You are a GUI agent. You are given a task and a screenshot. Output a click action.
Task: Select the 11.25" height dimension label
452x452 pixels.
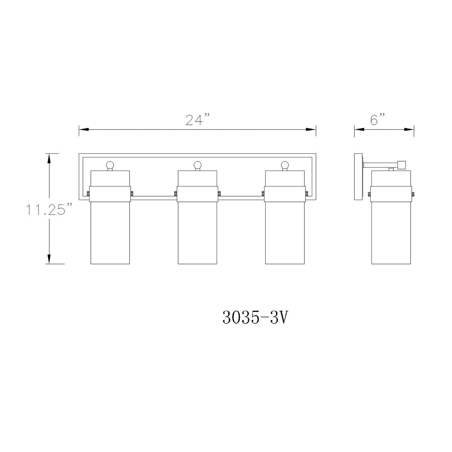49,209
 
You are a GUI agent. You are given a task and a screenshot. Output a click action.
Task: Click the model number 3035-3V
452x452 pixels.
255,318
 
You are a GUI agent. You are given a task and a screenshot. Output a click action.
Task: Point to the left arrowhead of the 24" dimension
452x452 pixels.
84,129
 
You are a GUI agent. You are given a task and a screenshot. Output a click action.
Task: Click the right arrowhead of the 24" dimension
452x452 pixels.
311,129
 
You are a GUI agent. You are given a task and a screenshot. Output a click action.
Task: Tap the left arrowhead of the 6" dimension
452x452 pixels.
359,129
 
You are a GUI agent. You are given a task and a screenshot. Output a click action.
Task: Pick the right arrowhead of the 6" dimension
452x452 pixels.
409,129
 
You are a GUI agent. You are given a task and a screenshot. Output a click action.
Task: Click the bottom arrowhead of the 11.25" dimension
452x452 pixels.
49,259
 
